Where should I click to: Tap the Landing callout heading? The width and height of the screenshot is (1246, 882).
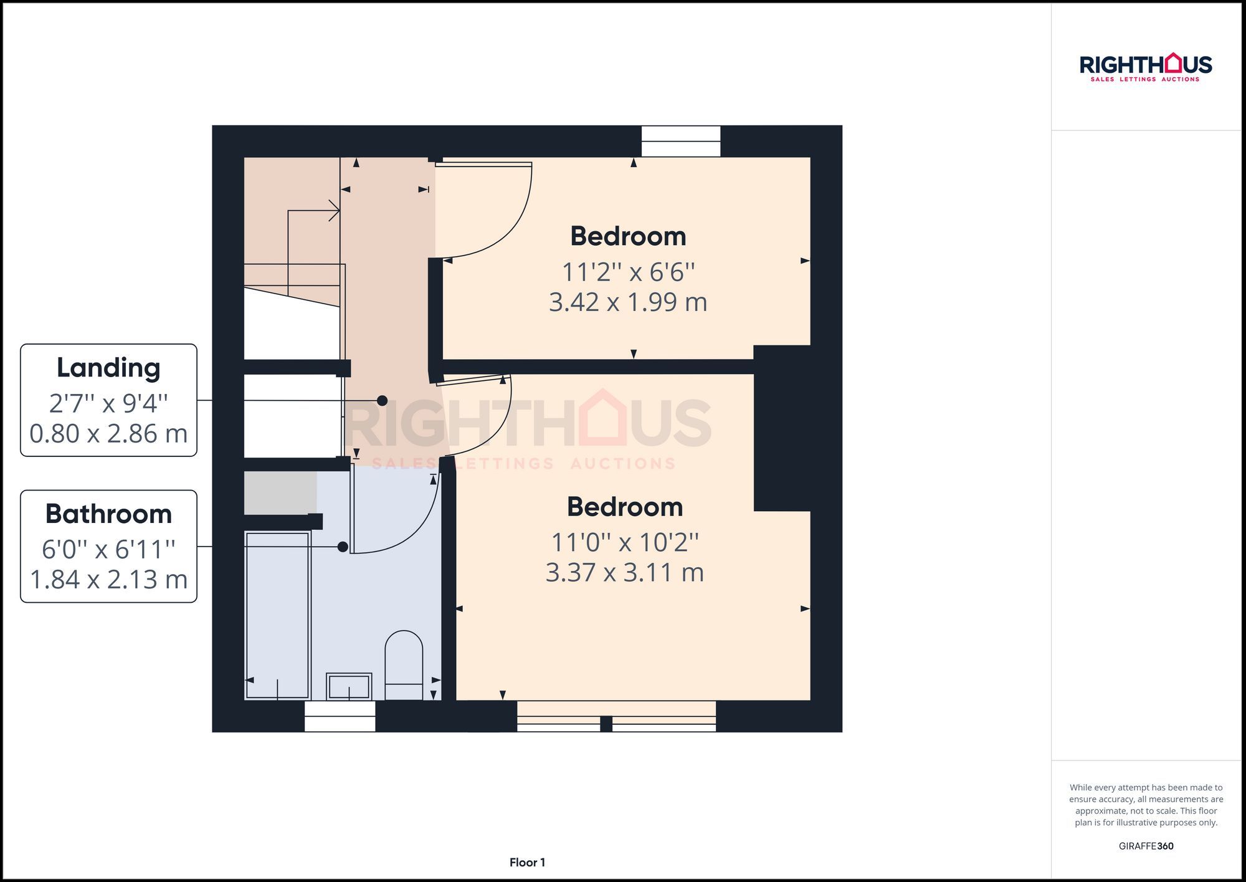click(x=108, y=368)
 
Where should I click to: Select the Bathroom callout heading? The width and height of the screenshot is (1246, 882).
click(x=108, y=514)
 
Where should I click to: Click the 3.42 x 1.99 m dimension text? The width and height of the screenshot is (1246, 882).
click(x=627, y=302)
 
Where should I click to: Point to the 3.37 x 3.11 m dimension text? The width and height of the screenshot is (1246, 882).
click(x=624, y=572)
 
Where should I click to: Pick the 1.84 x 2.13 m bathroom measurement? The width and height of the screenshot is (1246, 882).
click(x=108, y=580)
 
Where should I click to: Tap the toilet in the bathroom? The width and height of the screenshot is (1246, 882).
click(x=404, y=664)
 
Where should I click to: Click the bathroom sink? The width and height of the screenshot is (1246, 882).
click(x=349, y=686)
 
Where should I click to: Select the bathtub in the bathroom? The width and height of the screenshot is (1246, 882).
click(x=278, y=615)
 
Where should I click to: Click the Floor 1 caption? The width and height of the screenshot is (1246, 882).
click(x=527, y=863)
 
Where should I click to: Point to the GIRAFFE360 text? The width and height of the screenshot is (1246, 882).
click(x=1146, y=846)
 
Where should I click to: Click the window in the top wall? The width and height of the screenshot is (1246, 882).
click(x=681, y=141)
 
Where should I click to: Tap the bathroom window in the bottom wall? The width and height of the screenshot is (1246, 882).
click(x=340, y=716)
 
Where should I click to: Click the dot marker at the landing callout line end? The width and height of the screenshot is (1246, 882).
click(x=383, y=401)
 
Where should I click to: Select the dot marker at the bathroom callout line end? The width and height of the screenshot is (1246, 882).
click(x=343, y=547)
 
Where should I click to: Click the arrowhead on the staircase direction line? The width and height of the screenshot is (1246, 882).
click(x=336, y=211)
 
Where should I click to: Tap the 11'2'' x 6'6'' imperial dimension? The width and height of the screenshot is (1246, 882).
click(x=627, y=272)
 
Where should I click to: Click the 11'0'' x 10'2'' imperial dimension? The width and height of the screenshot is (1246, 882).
click(x=624, y=542)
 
